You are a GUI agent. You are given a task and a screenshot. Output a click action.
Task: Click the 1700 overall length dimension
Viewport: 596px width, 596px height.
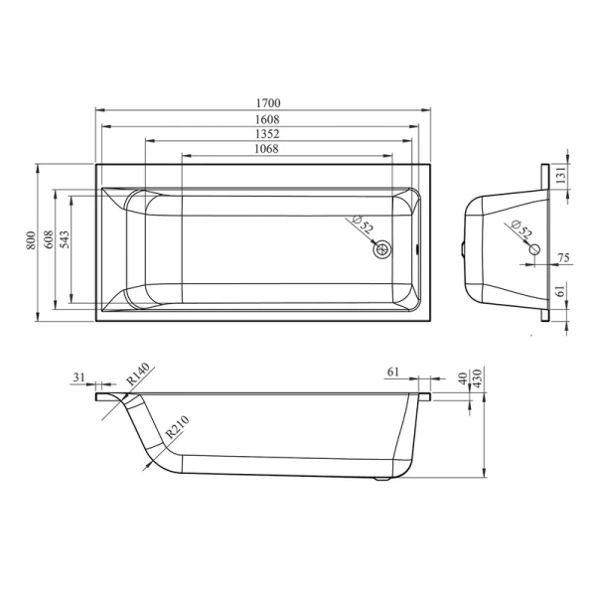point(268,103)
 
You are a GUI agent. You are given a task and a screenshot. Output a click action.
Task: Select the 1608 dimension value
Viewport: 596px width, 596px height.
point(267,120)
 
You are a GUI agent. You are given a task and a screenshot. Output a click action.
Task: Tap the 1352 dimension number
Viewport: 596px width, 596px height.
point(267,134)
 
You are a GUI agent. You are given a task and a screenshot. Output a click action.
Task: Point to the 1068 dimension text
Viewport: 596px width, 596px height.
point(266,149)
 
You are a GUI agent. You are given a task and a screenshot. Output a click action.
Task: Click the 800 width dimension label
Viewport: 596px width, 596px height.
point(31,240)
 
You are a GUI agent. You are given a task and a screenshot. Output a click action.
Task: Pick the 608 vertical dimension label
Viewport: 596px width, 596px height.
point(49,239)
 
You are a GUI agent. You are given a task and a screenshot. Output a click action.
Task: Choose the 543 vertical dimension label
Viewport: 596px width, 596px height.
point(65,239)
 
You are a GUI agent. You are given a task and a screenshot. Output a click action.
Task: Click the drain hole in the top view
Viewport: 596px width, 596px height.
point(382,249)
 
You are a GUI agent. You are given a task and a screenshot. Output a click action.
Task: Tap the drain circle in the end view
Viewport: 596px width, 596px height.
point(534,249)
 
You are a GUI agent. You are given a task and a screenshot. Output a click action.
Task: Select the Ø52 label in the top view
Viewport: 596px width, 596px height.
point(363,223)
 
